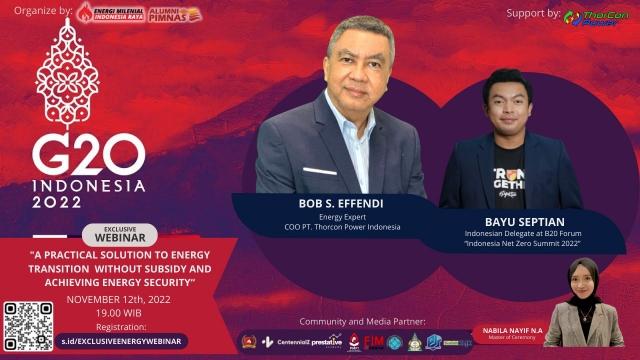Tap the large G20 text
coord(88,155)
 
